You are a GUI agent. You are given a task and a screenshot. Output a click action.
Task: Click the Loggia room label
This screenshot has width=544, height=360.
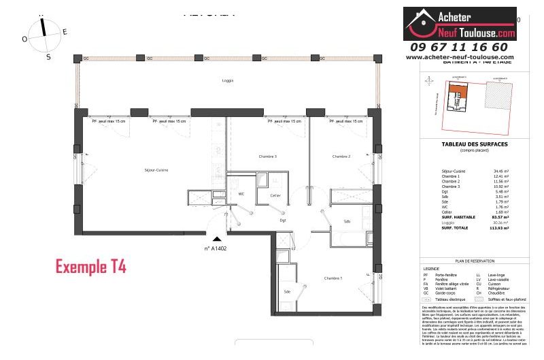tap(228, 80)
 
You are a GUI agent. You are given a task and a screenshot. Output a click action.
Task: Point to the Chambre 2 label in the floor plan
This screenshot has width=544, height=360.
tap(341, 157)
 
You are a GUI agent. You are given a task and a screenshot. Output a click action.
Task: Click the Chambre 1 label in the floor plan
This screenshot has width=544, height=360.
tap(333, 278)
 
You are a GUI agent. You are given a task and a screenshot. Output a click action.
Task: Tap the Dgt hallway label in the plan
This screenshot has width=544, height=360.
tap(284, 220)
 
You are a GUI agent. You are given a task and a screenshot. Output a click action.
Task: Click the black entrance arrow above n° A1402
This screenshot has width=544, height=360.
tap(217, 239)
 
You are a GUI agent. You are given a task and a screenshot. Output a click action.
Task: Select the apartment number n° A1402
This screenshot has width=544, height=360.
tap(216, 248)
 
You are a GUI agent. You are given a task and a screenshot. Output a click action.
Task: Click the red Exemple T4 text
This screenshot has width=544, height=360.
tap(90, 265)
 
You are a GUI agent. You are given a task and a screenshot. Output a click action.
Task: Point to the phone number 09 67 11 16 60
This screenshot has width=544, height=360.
tap(460, 47)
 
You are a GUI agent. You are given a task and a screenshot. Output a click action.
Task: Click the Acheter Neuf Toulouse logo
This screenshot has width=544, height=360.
tap(460, 24)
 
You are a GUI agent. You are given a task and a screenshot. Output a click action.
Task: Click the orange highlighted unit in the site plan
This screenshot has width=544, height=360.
tap(455, 96)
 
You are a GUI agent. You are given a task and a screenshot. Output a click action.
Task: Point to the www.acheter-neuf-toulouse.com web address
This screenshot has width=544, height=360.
tap(460, 57)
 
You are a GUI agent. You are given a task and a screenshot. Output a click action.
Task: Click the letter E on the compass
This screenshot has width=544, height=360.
tap(65, 31)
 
